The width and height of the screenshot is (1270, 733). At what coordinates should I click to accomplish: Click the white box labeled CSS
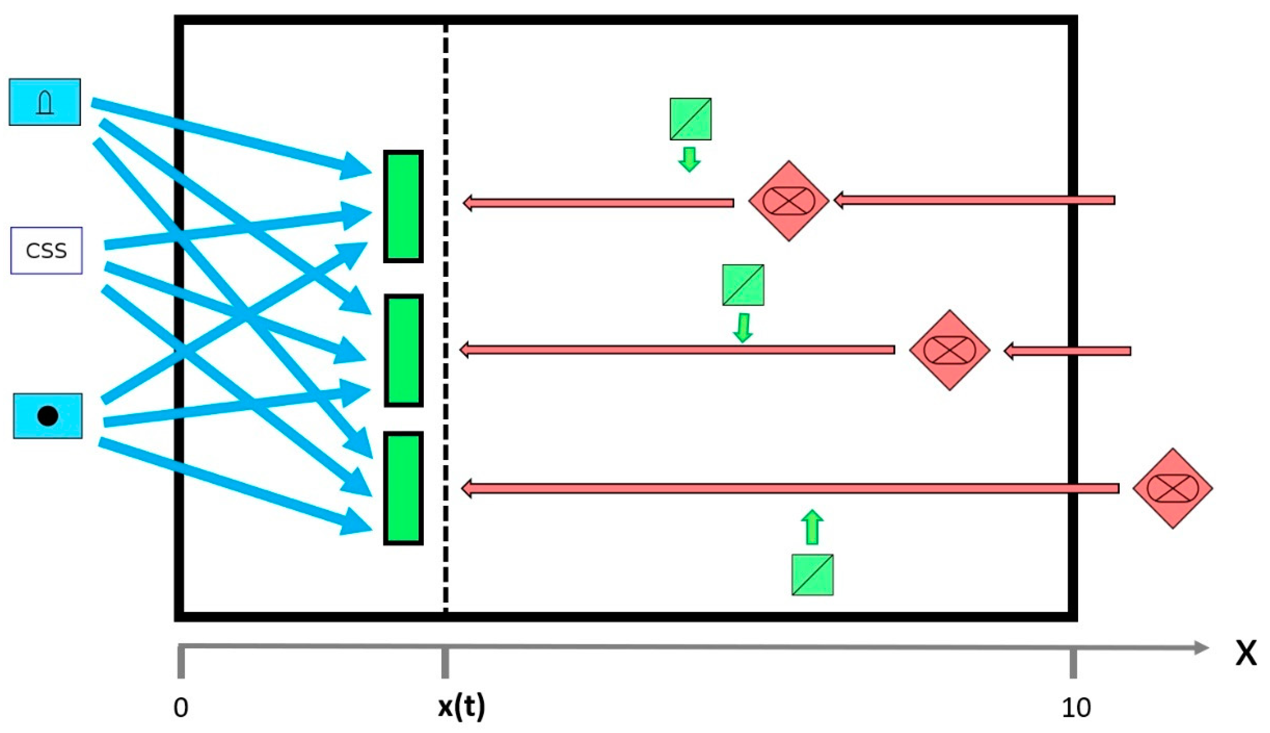coord(46,250)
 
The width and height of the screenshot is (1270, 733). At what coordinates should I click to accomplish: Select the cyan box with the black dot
coord(48,416)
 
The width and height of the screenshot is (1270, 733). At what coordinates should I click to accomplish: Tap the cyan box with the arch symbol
coord(45,102)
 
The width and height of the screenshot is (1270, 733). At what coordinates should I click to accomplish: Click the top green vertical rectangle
coord(403,206)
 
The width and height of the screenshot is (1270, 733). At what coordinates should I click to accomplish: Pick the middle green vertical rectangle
coord(403,350)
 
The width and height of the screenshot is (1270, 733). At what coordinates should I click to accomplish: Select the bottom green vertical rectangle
coord(403,488)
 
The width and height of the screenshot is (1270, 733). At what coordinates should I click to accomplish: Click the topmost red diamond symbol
coord(788,201)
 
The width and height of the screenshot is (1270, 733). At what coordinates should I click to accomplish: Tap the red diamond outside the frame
coord(1172,488)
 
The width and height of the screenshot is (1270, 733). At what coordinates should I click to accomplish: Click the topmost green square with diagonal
coord(690,119)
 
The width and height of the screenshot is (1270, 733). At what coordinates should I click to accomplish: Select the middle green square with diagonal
coord(743,285)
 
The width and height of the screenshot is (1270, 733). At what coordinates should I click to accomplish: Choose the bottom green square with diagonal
coord(812,575)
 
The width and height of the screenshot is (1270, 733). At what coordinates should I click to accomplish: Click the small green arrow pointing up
coord(812,527)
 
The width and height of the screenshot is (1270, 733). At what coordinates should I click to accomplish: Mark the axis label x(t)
coord(461,707)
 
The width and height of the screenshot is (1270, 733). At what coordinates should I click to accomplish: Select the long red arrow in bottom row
coord(790,488)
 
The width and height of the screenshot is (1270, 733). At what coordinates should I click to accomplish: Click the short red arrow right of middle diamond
coord(1067,351)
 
